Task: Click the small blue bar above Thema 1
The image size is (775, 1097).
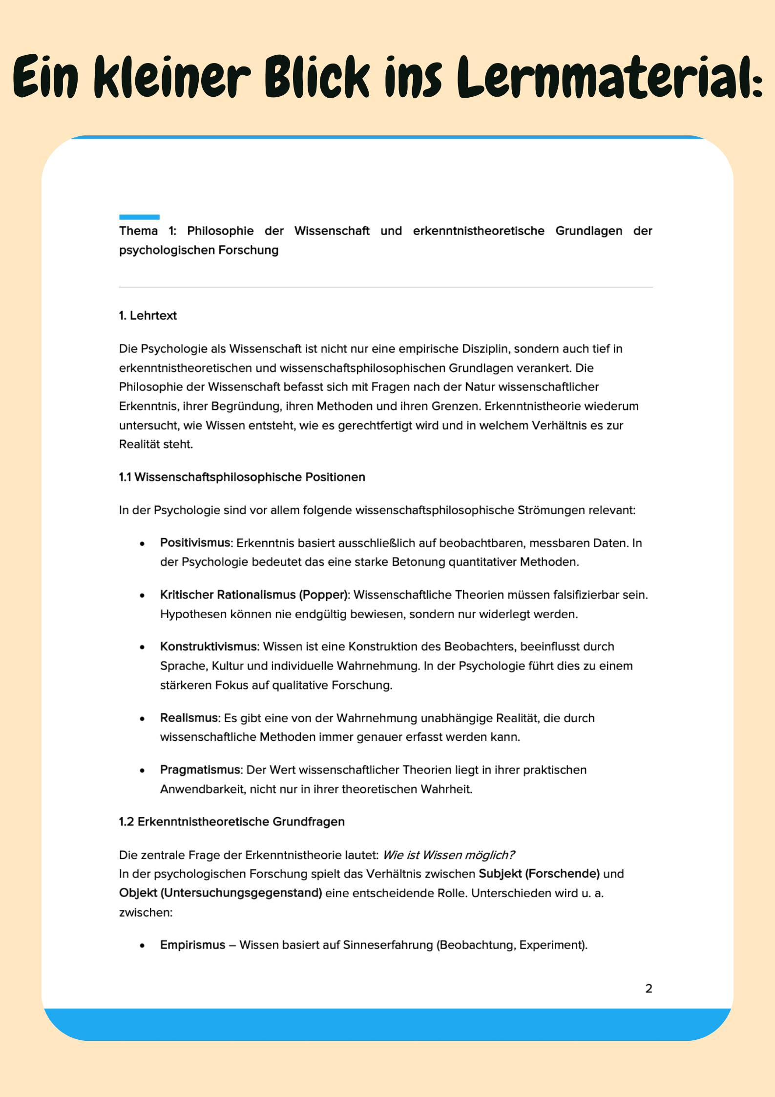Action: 139,217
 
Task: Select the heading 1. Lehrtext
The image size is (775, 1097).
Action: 148,316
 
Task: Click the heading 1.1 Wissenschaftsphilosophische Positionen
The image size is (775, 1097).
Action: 242,477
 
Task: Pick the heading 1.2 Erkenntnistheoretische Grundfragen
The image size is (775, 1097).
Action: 231,821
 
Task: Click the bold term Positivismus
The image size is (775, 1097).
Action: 195,543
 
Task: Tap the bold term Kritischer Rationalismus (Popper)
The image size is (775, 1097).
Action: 254,595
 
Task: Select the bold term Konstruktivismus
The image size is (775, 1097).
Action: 208,646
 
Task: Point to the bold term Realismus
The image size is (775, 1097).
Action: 189,718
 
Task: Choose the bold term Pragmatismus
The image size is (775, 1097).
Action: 200,770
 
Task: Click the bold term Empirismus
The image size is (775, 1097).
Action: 192,945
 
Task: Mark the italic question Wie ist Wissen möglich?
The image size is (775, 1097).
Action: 448,855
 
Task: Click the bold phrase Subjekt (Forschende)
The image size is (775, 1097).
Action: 539,874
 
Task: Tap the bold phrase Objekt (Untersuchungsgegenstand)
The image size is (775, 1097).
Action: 220,893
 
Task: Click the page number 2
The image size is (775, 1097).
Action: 649,989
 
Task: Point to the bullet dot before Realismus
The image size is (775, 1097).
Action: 142,719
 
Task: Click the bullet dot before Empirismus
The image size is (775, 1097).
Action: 142,946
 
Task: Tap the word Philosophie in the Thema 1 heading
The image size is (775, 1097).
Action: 220,231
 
